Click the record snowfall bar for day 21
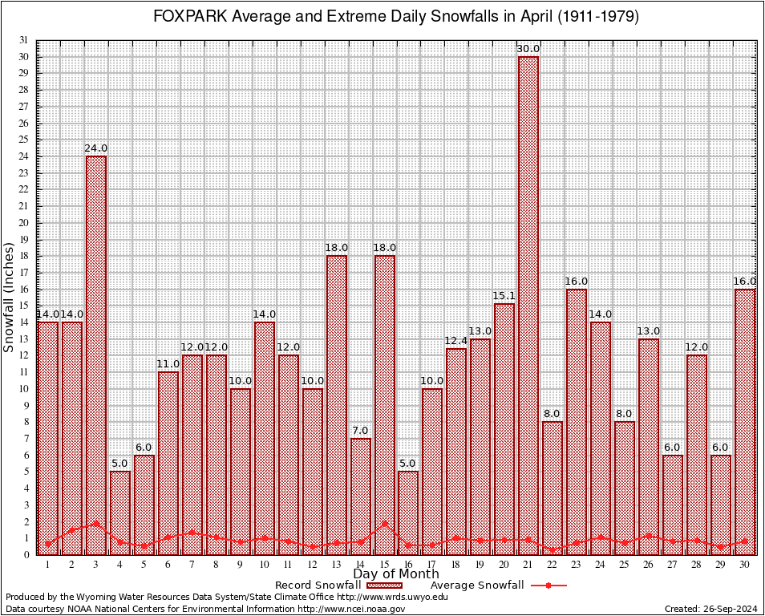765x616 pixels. tap(528, 305)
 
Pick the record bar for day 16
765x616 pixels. tap(408, 513)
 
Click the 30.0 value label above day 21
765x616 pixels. tap(528, 49)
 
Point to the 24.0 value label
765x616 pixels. tap(96, 148)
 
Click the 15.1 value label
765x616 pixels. tap(504, 297)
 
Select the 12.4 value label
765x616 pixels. tap(456, 342)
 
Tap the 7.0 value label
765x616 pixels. tap(360, 432)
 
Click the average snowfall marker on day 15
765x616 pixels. tap(384, 524)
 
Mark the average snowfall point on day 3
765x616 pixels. tap(96, 523)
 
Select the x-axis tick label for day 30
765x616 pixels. tap(745, 565)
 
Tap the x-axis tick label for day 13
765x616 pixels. tap(336, 565)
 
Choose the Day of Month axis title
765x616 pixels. tap(396, 574)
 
